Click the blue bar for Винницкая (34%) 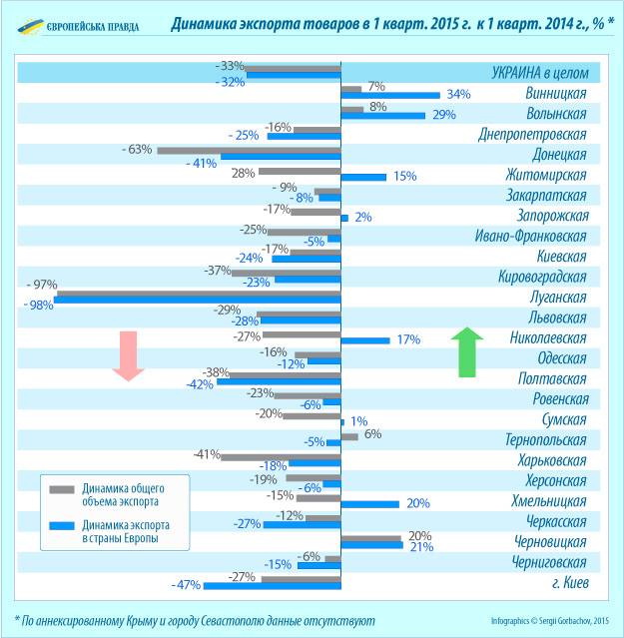click(x=390, y=95)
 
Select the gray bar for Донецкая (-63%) click(x=249, y=150)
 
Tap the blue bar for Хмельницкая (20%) click(x=370, y=503)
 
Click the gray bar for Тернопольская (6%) click(x=349, y=435)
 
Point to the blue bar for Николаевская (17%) click(x=365, y=339)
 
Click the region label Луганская click(x=557, y=298)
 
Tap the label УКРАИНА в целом click(x=538, y=73)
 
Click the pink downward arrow click(x=128, y=354)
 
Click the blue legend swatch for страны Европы click(x=63, y=526)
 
